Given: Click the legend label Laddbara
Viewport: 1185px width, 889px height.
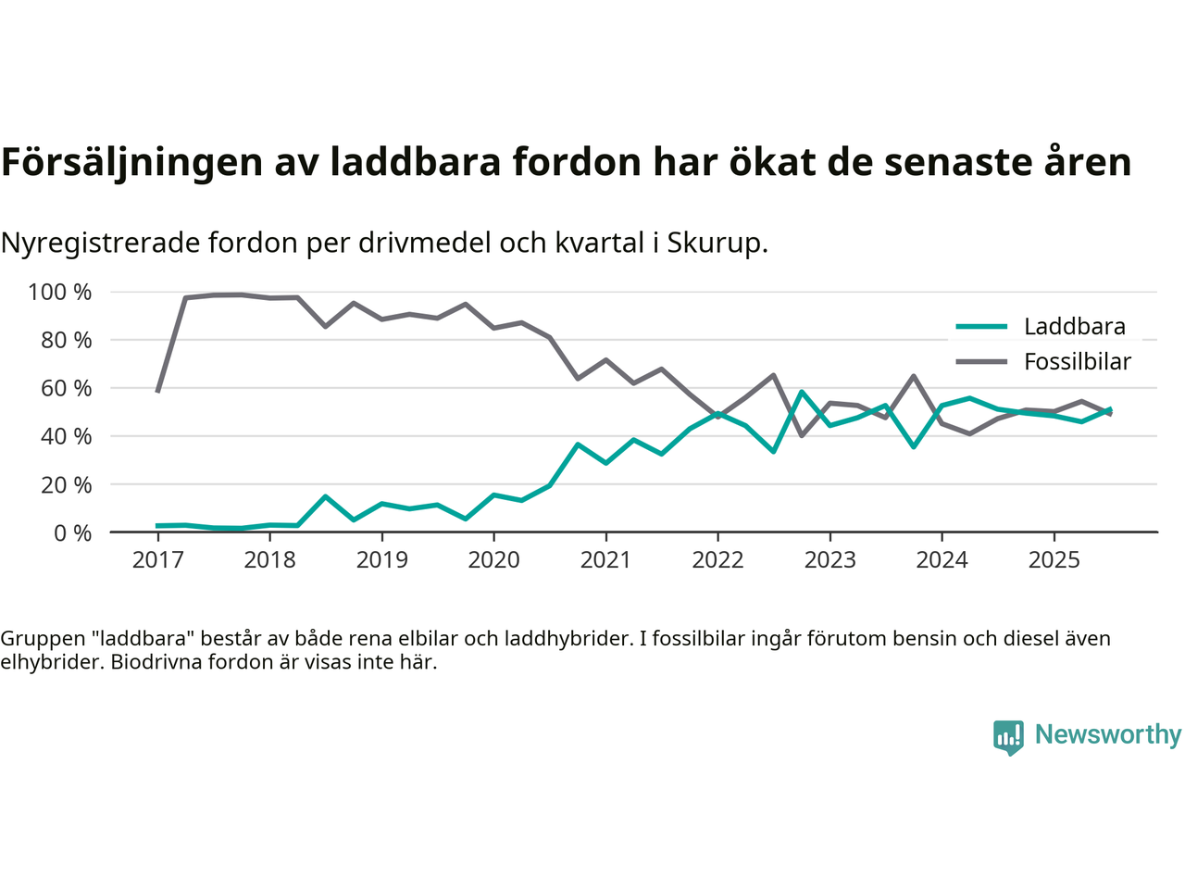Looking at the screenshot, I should tap(1074, 326).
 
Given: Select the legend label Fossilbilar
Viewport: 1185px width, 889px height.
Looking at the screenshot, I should tap(1077, 361).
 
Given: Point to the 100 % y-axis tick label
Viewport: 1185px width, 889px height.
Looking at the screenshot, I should tap(60, 293).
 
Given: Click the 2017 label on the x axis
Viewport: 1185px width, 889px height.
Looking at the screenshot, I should tap(157, 560).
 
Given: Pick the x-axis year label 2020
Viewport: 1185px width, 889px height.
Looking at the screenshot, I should tap(493, 560).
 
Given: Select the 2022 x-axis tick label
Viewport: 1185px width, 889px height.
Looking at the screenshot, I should tap(717, 560).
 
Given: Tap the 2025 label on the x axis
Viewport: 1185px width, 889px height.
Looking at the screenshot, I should tap(1054, 560).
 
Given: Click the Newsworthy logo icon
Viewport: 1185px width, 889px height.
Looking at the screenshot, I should tap(1008, 737).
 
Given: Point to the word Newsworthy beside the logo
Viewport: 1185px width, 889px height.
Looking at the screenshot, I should tap(1107, 734).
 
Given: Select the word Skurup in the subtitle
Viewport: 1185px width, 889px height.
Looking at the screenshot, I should tap(717, 243).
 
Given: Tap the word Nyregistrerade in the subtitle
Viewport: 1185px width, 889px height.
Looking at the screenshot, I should tap(100, 243).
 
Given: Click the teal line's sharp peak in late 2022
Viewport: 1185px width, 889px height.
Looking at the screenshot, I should tap(802, 392).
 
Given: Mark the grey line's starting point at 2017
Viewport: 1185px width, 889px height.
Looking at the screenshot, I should tap(157, 392).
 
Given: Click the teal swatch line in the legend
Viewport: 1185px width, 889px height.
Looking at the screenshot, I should tap(980, 326).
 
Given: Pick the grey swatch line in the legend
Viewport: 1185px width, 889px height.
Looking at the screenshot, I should tap(980, 361).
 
